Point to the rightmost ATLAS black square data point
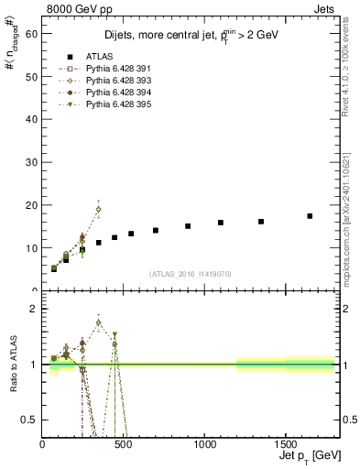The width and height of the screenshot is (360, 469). (x=310, y=216)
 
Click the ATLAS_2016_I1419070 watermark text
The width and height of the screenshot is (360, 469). (x=191, y=274)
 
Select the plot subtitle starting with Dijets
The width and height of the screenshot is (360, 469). (x=190, y=35)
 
